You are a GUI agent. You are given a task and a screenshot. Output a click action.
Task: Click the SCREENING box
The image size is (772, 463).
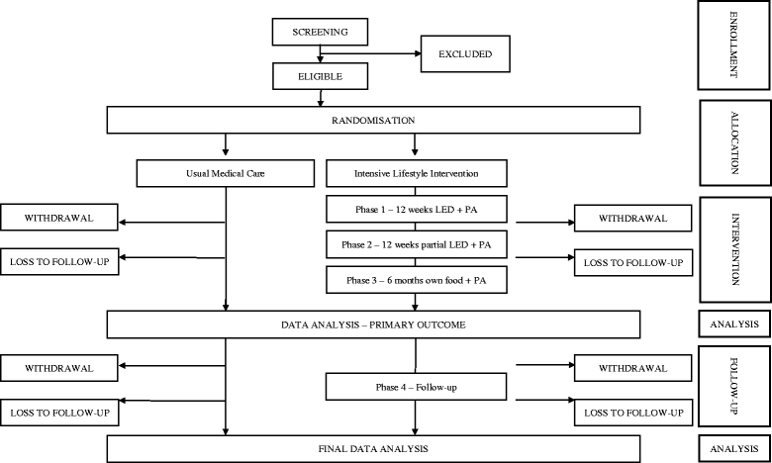point(319,32)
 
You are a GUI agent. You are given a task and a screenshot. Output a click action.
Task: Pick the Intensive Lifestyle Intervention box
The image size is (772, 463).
point(415,175)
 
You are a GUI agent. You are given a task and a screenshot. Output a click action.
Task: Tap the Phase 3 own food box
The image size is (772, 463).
point(415,281)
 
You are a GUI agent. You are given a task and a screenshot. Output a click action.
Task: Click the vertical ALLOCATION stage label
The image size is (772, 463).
point(733,137)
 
